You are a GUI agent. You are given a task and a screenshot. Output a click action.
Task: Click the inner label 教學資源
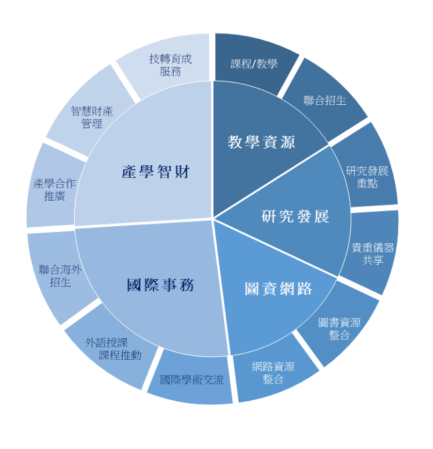[261, 142]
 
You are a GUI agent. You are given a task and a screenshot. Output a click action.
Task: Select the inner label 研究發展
[295, 216]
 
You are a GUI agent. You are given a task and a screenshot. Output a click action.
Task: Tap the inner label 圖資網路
[278, 288]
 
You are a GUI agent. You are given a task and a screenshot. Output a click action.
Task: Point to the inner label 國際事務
[160, 285]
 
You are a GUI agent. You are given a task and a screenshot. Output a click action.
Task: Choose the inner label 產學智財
[155, 172]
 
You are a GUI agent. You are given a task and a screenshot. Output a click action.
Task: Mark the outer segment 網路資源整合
[274, 372]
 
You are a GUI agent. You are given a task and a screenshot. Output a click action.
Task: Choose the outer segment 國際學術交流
[192, 380]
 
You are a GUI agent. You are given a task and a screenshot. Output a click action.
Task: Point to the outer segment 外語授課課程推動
[113, 348]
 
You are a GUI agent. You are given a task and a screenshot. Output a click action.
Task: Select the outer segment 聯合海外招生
[60, 277]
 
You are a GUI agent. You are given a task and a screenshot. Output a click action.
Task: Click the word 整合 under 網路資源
[273, 379]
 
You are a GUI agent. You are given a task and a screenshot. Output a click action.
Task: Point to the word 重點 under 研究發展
[367, 184]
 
